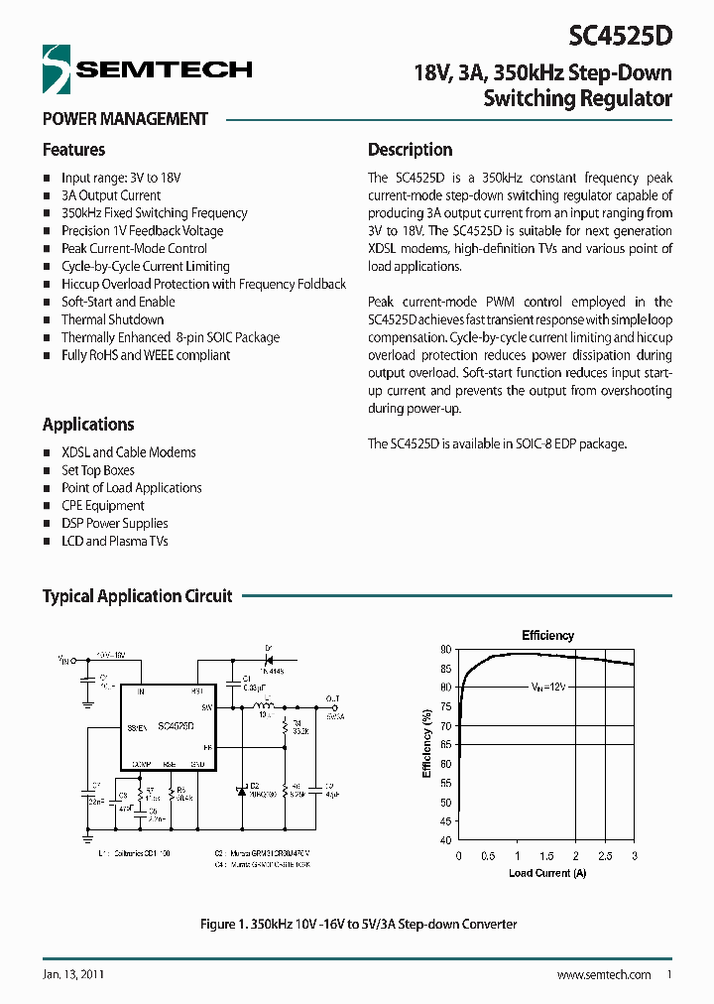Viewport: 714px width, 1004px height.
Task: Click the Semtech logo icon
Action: (x=59, y=68)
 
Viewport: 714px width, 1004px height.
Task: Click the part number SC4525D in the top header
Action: (x=620, y=37)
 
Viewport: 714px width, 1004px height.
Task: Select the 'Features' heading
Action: (x=73, y=150)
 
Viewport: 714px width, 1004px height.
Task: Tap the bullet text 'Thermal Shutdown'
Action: (x=112, y=319)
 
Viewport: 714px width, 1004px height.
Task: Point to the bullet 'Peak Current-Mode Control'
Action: (x=134, y=248)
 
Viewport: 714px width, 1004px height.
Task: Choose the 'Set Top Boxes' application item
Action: (x=97, y=470)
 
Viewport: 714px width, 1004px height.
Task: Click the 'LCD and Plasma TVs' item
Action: (x=114, y=541)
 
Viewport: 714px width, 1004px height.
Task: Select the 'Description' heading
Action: (x=410, y=150)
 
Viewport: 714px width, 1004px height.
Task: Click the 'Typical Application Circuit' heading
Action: (x=137, y=596)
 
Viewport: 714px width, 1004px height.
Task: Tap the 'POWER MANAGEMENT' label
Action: (x=125, y=119)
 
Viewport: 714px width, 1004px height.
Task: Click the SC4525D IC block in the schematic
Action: (x=165, y=726)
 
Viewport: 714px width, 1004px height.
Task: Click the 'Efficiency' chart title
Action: (x=547, y=635)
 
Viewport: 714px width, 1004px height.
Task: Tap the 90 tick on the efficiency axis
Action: (x=445, y=649)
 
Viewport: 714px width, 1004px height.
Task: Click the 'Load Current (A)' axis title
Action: (x=547, y=873)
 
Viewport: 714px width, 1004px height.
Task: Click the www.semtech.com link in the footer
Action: (x=604, y=975)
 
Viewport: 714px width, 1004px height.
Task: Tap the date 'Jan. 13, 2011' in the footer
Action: (x=74, y=975)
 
